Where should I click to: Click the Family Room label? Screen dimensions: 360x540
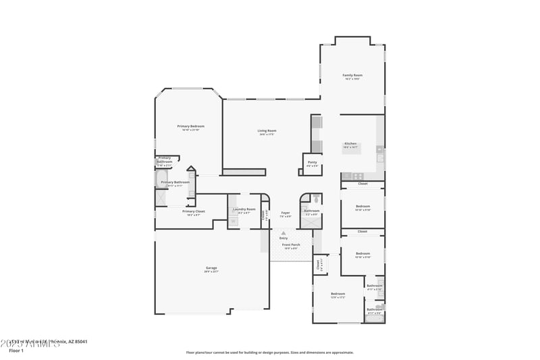352,75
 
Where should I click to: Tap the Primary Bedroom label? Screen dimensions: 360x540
191,126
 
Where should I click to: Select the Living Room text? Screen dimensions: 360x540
267,131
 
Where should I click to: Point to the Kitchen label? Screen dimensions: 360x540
350,143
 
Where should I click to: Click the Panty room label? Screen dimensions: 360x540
312,162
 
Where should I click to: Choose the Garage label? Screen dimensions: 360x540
211,268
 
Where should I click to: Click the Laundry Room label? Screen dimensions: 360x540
244,209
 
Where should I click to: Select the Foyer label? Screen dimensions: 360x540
286,213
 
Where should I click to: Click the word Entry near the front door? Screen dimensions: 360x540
283,238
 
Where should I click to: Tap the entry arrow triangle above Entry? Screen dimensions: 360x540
283,232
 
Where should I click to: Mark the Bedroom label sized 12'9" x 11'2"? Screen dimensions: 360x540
337,294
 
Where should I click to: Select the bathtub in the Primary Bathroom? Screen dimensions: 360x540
162,180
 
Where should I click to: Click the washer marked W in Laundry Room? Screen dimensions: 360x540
234,221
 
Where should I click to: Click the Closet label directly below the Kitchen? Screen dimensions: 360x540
362,184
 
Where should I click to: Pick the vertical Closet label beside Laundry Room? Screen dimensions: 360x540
263,215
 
